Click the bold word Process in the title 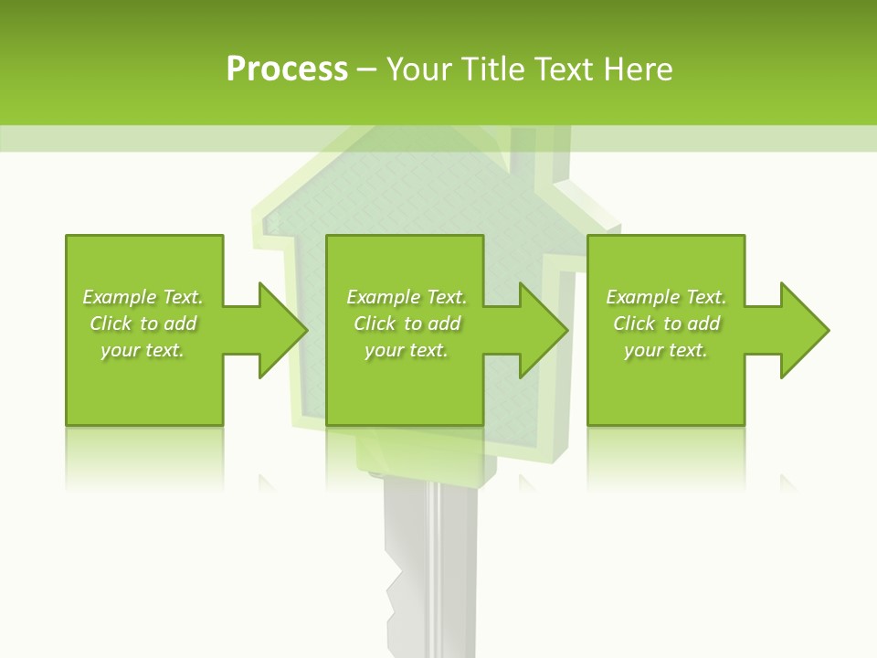click(x=287, y=69)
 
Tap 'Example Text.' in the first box click(x=143, y=297)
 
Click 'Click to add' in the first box click(x=143, y=324)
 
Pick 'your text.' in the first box click(x=143, y=350)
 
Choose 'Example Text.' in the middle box click(x=407, y=297)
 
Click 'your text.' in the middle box click(x=406, y=350)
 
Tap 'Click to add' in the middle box click(x=407, y=324)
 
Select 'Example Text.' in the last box click(x=666, y=297)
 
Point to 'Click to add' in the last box click(x=666, y=324)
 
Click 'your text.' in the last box click(x=666, y=350)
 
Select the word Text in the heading click(x=561, y=69)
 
